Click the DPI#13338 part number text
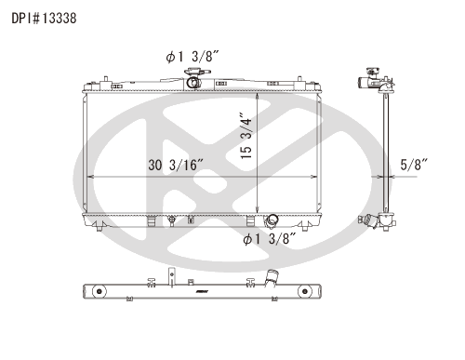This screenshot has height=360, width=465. click(x=44, y=19)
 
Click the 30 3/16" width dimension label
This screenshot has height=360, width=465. click(x=176, y=165)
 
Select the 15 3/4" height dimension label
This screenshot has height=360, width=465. click(x=246, y=136)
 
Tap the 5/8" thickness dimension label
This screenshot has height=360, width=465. click(x=414, y=165)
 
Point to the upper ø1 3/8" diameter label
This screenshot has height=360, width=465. click(x=193, y=57)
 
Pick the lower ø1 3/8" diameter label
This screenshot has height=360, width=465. click(x=270, y=239)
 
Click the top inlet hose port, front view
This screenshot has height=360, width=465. click(x=193, y=83)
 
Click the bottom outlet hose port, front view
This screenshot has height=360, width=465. click(x=272, y=220)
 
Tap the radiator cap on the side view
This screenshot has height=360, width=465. click(x=371, y=72)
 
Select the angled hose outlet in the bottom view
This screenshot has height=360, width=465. click(x=271, y=277)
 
